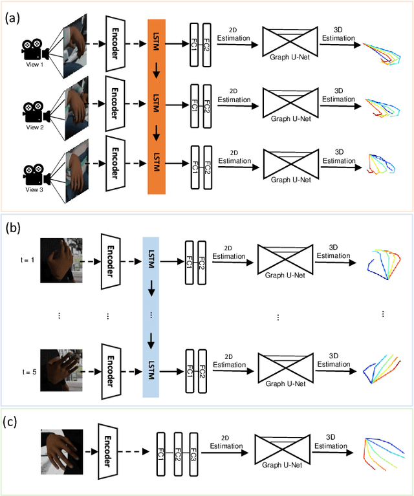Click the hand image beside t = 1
pyautogui.click(x=61, y=260)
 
